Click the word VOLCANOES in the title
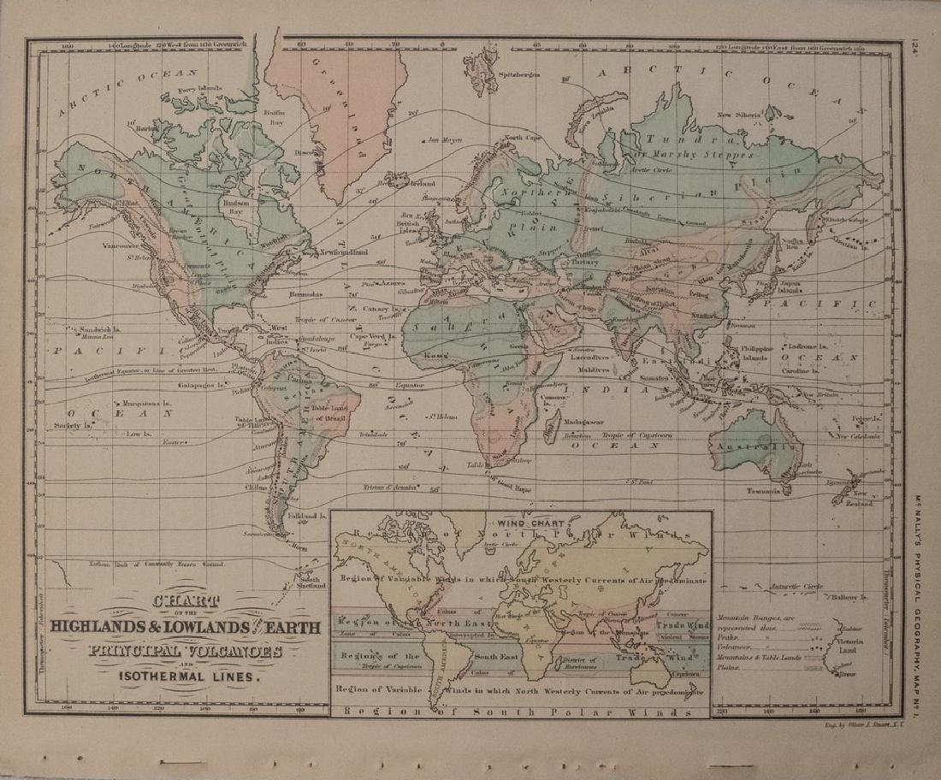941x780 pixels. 244,651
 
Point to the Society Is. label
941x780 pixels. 72,425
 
